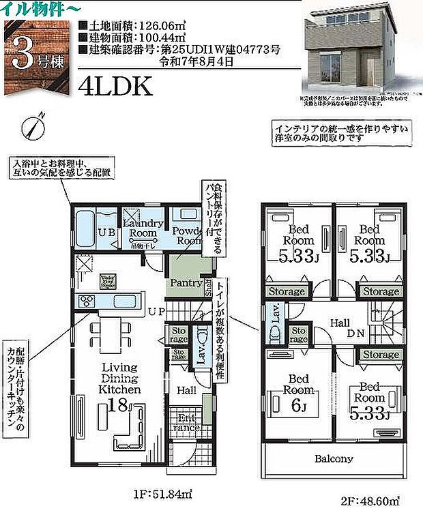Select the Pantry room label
(185, 282)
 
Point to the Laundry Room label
(143, 227)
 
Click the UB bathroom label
(106, 233)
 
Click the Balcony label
(334, 459)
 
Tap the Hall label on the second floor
(340, 321)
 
